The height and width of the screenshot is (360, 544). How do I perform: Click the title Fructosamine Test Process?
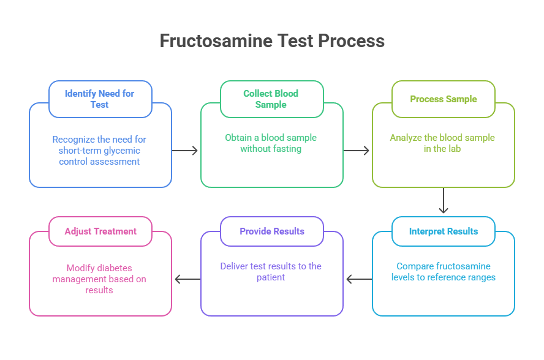click(272, 41)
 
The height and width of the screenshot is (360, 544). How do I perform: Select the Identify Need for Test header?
click(100, 99)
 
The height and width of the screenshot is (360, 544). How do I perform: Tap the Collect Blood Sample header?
click(271, 99)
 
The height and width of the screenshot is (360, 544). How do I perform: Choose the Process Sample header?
click(443, 99)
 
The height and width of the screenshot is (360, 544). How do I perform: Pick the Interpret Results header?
click(443, 231)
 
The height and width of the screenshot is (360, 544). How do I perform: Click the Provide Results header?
click(271, 231)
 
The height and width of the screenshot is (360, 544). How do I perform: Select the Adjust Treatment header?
click(100, 231)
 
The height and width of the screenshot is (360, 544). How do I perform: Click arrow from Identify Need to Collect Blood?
click(186, 151)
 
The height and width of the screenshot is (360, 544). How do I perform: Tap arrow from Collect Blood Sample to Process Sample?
click(357, 151)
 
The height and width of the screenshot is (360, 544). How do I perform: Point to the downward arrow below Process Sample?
click(444, 201)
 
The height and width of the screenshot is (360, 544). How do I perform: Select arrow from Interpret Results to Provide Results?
click(358, 279)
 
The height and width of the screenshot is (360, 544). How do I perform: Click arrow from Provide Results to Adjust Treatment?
click(187, 279)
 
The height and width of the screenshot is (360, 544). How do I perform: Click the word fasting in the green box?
click(287, 149)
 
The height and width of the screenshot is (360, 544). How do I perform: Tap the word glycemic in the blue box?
click(123, 151)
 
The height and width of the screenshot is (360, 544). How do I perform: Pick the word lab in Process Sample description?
click(455, 149)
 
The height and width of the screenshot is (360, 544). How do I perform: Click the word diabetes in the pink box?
click(115, 268)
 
